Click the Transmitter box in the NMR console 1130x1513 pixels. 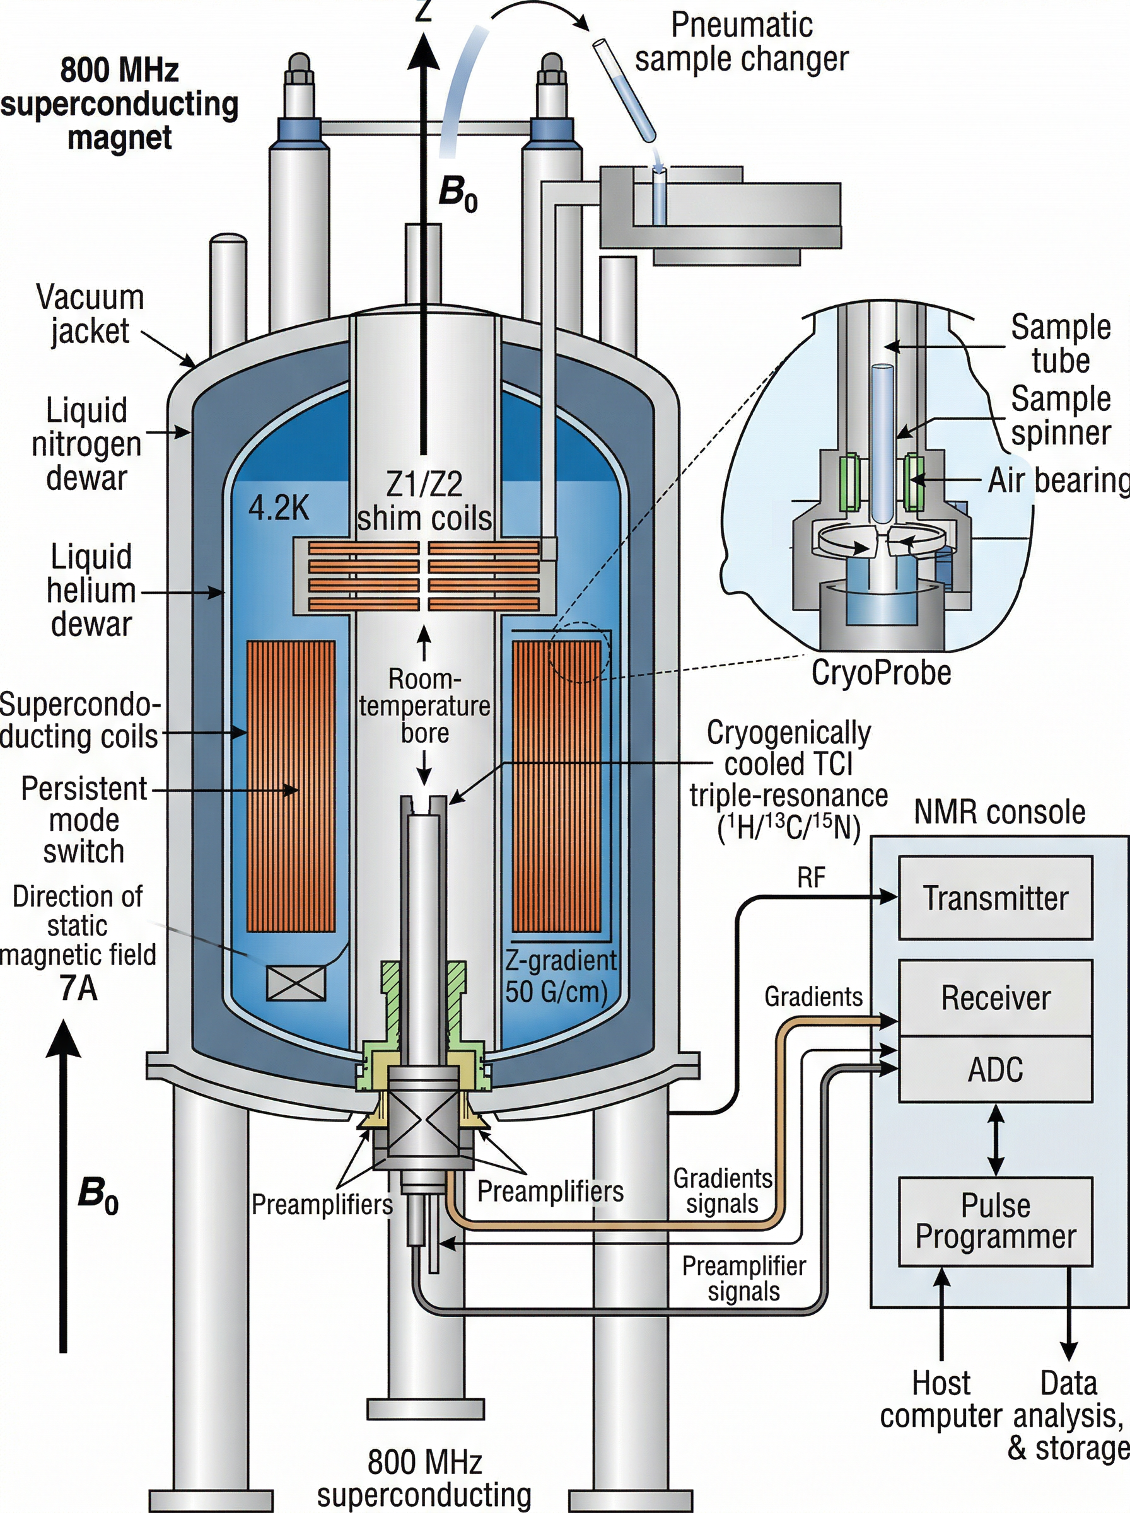pos(994,898)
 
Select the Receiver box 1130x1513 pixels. pos(994,997)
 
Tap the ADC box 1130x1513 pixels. pos(994,1069)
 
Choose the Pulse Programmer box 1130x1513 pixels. pos(994,1221)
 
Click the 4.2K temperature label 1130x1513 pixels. pos(278,508)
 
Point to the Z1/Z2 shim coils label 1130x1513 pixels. pos(424,501)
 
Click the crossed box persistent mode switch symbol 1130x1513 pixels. pos(296,984)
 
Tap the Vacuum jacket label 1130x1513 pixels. pos(90,314)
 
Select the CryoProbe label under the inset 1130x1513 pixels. pos(881,673)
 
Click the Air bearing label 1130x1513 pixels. pos(1057,480)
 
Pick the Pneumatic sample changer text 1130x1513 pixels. pos(742,42)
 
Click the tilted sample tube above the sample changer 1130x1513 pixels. pos(624,89)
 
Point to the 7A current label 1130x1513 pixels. pos(79,988)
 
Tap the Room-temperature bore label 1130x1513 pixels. pos(425,705)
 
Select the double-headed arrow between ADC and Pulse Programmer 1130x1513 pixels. pos(996,1139)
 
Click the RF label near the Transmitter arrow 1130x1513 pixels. pos(812,878)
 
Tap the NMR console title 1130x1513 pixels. pos(999,812)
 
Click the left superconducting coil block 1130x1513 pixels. pos(291,786)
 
